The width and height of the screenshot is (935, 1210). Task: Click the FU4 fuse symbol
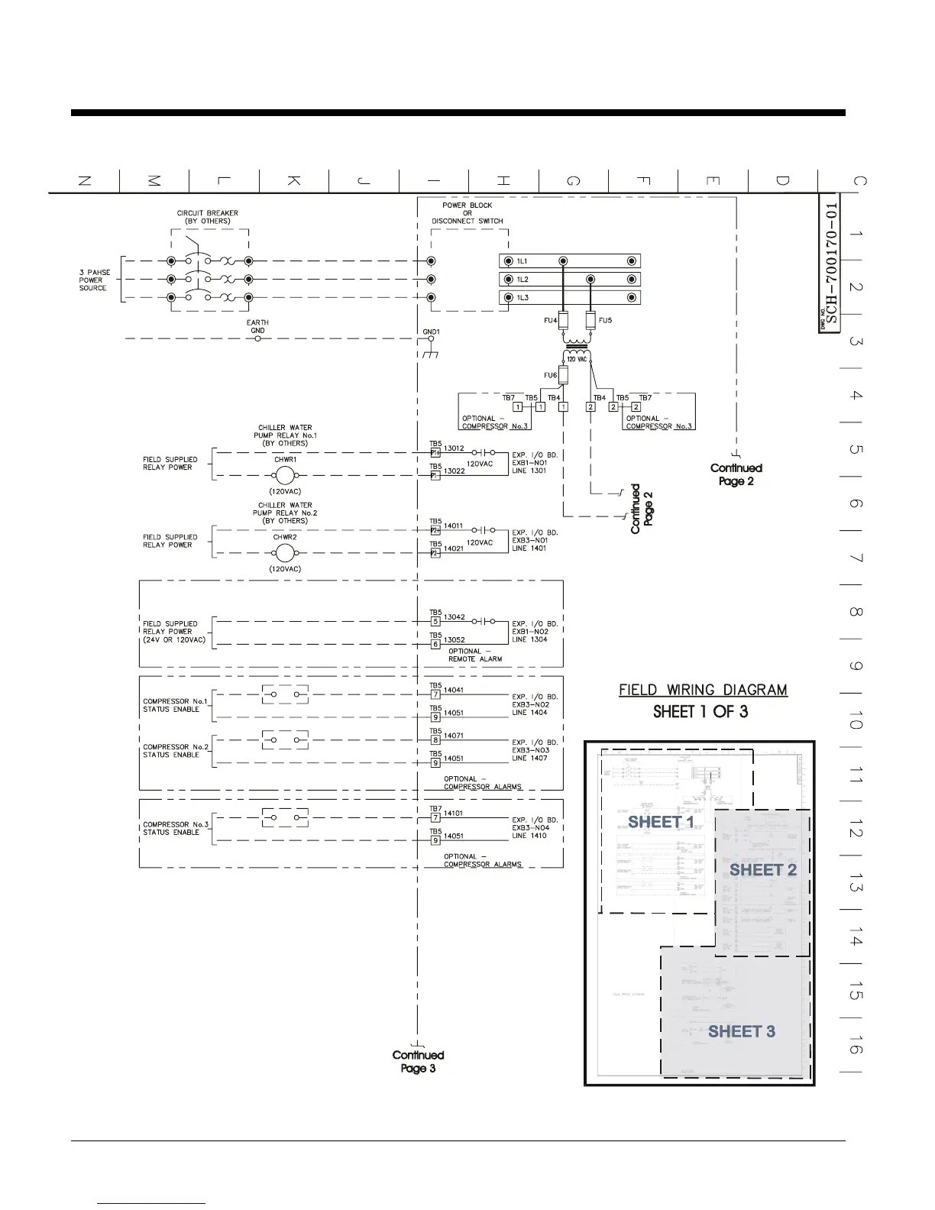[563, 319]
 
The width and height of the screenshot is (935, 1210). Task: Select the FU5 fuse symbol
[590, 319]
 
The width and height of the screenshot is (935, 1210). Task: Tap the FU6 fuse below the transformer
[563, 375]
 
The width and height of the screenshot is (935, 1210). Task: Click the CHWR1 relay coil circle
[285, 475]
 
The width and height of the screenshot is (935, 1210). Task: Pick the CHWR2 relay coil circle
[285, 553]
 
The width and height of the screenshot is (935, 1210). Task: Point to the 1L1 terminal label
[522, 261]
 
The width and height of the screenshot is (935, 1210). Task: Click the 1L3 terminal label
[522, 298]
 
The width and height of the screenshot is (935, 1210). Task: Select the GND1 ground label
[431, 332]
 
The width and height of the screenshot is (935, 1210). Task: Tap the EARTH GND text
[257, 326]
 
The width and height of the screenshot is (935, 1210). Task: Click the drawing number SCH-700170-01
[832, 264]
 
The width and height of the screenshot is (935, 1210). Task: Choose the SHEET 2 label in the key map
[762, 870]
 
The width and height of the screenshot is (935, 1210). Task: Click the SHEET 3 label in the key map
[741, 1031]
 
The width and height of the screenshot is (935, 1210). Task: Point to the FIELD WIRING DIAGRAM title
[703, 691]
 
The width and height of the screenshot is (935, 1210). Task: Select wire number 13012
[454, 448]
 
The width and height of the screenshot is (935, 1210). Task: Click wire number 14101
[454, 814]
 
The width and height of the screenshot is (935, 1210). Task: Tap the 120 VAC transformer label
[576, 359]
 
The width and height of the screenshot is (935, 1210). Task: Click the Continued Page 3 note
[418, 1061]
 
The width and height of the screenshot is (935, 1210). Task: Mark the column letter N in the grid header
[85, 181]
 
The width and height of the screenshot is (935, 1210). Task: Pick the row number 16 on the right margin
[856, 1045]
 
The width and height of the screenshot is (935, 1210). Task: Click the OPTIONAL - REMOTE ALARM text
[475, 655]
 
